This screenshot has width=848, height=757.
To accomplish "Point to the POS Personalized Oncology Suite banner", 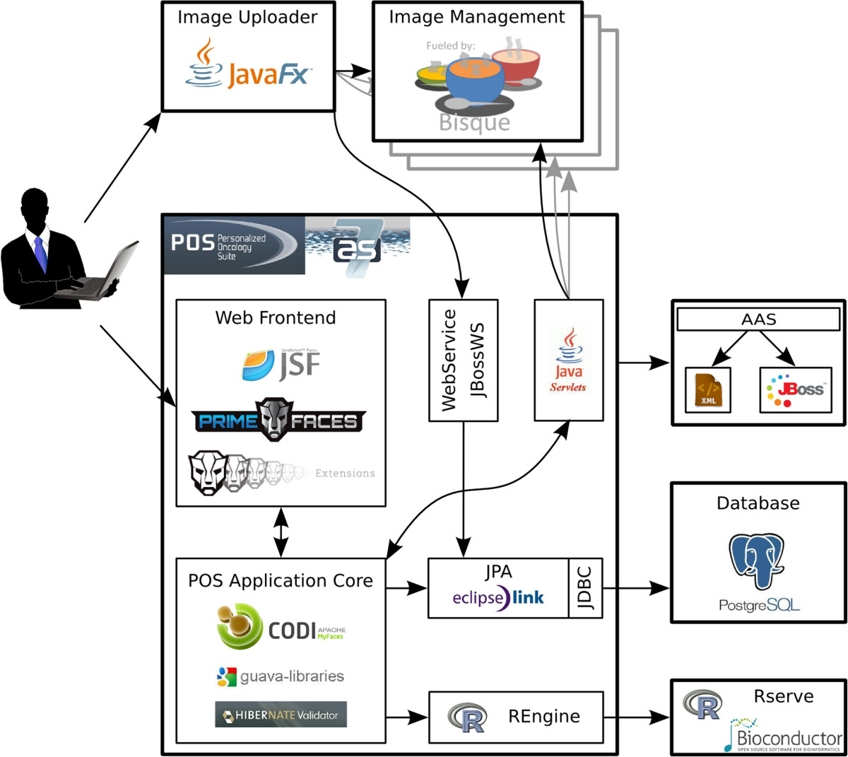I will point(234,245).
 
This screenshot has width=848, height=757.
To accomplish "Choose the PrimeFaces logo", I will point(279,421).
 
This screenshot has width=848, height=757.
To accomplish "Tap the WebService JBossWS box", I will point(463,360).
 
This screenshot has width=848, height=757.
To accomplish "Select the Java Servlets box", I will point(568,360).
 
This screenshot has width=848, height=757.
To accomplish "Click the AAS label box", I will point(758,319).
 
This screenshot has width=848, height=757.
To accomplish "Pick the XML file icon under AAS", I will point(707,389).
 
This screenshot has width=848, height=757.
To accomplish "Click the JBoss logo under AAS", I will point(795,389).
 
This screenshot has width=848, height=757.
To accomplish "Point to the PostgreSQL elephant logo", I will point(758,562).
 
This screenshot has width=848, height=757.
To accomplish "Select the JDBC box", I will point(585,587).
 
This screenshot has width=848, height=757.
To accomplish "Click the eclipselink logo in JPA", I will point(498,598).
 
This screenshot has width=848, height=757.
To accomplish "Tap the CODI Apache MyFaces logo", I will point(281,626).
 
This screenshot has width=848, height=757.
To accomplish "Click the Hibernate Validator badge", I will point(281,715).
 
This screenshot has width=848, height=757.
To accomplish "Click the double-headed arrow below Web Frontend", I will point(281,532).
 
